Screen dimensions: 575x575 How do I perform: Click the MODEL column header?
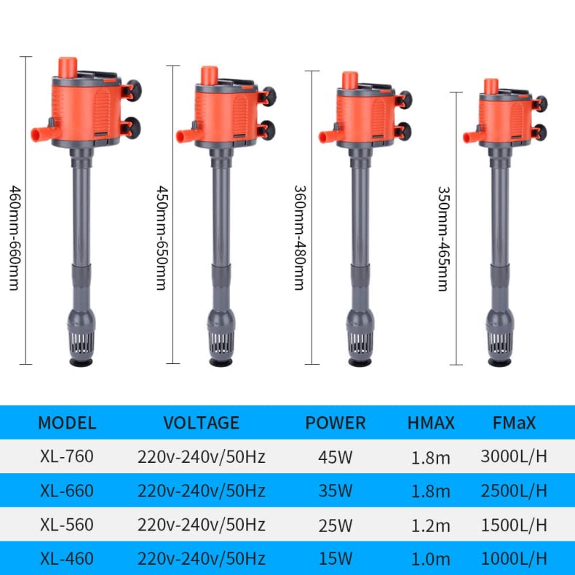(x=67, y=423)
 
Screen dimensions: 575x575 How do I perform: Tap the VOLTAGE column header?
(x=201, y=423)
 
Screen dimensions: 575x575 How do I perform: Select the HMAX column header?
(x=431, y=423)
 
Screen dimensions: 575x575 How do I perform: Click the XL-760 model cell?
(x=67, y=457)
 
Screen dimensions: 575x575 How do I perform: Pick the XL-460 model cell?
(x=67, y=559)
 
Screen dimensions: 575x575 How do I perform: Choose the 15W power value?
(x=335, y=559)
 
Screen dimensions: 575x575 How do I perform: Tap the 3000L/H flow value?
(x=514, y=457)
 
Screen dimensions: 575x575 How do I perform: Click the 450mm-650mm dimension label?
(x=161, y=237)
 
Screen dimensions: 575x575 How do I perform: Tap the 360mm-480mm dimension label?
(x=299, y=237)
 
